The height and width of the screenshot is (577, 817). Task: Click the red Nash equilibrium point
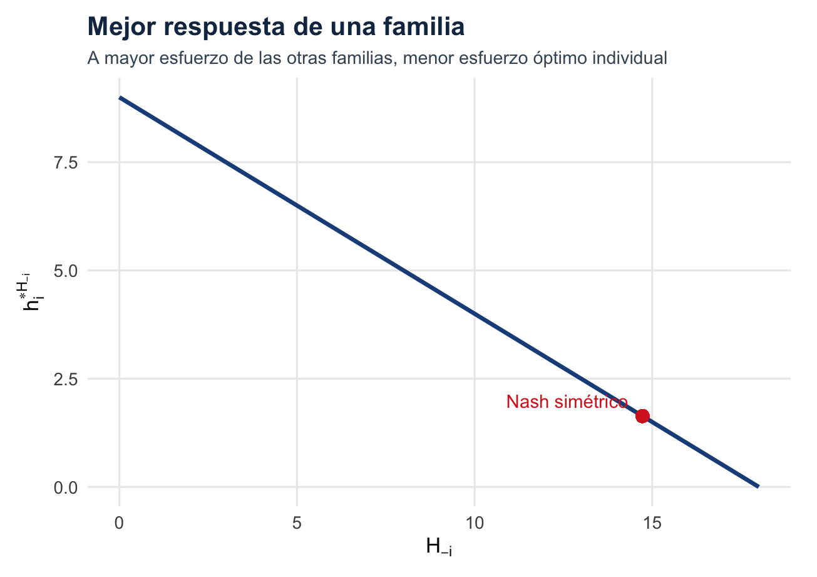pos(642,416)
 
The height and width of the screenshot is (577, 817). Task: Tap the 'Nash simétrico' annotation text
pos(567,402)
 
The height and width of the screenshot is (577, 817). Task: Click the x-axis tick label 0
pos(119,506)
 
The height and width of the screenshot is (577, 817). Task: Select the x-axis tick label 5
pos(297,506)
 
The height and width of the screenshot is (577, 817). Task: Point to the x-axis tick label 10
pos(475,506)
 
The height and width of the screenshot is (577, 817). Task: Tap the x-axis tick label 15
pos(652,506)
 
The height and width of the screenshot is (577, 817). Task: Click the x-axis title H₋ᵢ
pos(439,548)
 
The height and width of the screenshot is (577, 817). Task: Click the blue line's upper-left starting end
pos(120,98)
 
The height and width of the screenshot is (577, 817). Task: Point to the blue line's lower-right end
pos(758,486)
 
